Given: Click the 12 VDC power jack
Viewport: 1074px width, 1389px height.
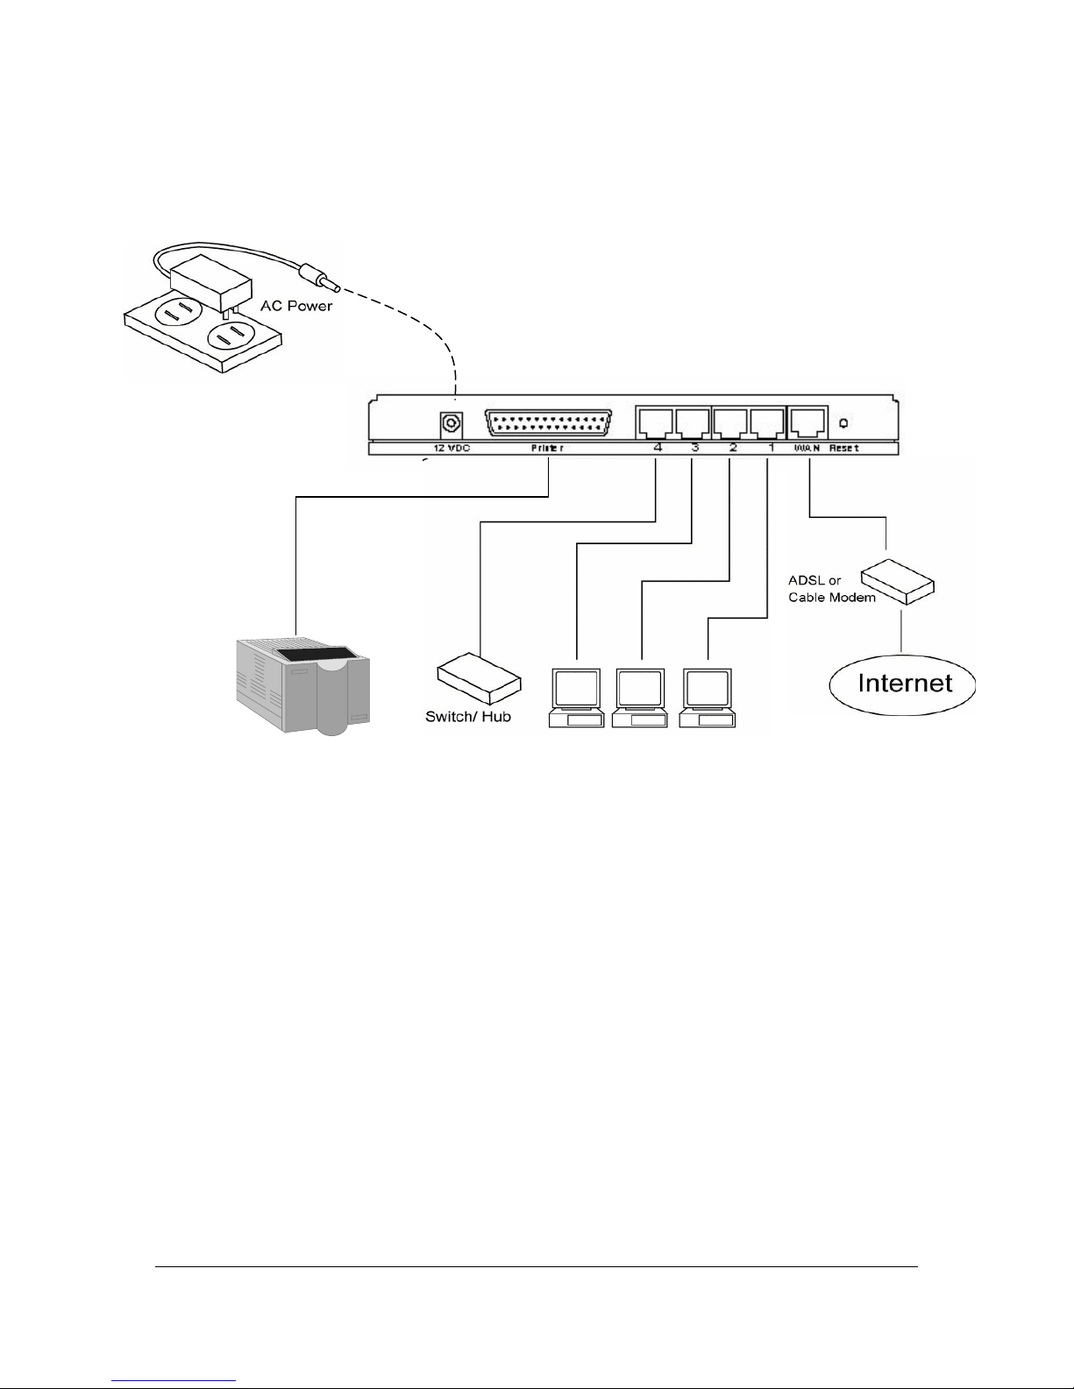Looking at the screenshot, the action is (451, 424).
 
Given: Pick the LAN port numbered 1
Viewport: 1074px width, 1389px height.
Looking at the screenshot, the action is (767, 422).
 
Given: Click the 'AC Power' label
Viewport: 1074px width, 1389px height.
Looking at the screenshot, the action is (296, 307).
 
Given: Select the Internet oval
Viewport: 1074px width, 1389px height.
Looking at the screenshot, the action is (903, 684).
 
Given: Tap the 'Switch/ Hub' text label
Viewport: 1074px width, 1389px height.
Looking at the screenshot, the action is (468, 717).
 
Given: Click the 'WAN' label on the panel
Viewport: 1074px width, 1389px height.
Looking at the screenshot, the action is (807, 448).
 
